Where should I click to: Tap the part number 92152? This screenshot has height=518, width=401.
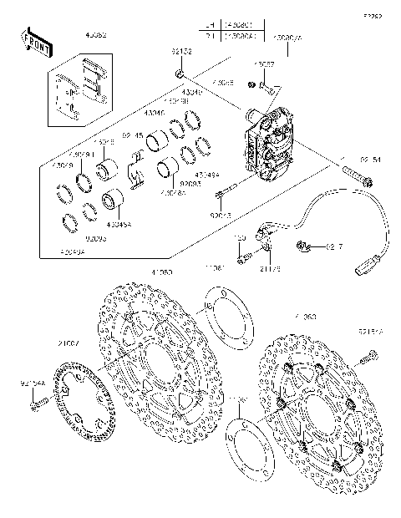click(181, 53)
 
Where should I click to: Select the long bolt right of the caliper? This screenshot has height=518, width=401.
click(356, 179)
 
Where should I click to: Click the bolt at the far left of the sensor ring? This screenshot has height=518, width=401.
click(36, 405)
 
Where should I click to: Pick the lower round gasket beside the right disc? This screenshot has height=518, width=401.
click(251, 448)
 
